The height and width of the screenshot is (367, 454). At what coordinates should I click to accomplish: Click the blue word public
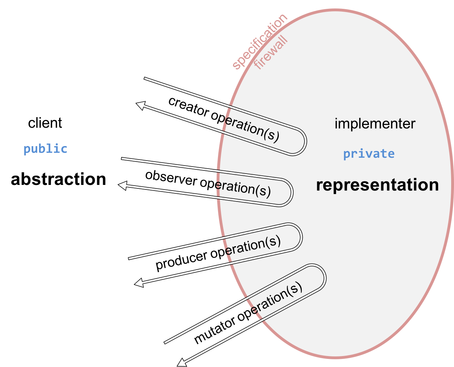point(45,149)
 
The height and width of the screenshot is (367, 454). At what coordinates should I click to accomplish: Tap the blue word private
point(369,154)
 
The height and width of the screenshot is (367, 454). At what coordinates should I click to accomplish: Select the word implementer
point(375,124)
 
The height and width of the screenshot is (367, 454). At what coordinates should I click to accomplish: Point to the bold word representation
point(377,185)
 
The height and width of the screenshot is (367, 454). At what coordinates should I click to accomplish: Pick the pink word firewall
point(271,53)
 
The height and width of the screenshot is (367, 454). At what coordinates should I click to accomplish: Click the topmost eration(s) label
point(252,128)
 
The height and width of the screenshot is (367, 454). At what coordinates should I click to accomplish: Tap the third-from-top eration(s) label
point(253,245)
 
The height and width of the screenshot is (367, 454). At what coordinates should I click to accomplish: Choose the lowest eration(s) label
point(276,298)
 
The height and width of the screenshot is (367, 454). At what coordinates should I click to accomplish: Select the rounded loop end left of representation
point(290,193)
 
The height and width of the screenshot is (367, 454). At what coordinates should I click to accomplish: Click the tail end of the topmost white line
point(145,78)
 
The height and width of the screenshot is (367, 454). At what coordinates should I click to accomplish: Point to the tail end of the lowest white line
point(165,342)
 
